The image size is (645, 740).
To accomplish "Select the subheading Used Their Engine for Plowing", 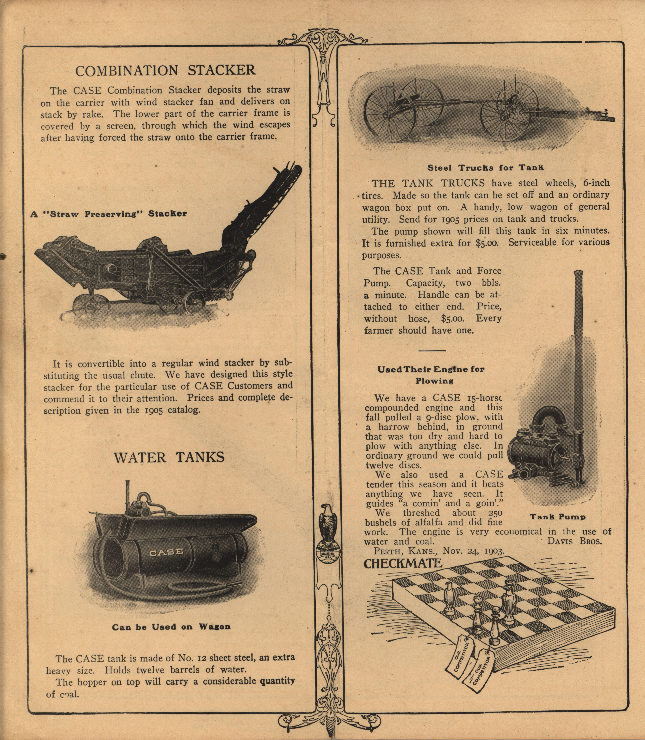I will [431, 375].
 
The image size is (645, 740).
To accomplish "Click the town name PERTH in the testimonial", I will [388, 551].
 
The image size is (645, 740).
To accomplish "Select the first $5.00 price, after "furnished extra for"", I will [487, 243].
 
